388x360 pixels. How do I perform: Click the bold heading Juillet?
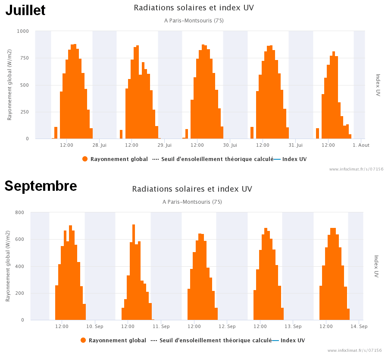coord(25,10)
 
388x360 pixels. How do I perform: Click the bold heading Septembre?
coord(41,186)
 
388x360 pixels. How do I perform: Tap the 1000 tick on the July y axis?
coord(23,31)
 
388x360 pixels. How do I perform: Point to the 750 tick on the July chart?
coord(24,58)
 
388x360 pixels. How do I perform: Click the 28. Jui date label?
coord(99,145)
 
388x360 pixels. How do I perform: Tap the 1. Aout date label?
coord(361,145)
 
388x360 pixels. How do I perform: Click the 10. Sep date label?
coord(95,326)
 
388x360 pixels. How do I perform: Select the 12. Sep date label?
coord(227,326)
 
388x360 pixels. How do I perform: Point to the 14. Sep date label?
coord(359,326)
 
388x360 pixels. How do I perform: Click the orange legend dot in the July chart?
coord(85,159)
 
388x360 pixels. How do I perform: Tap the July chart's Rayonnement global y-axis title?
coord(9,85)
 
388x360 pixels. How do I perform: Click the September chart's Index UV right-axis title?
coord(376,266)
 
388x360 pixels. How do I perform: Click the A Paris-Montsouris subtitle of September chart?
coord(192,202)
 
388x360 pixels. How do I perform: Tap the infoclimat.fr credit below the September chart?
coord(355,351)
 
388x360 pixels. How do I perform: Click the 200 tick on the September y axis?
coord(20,293)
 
